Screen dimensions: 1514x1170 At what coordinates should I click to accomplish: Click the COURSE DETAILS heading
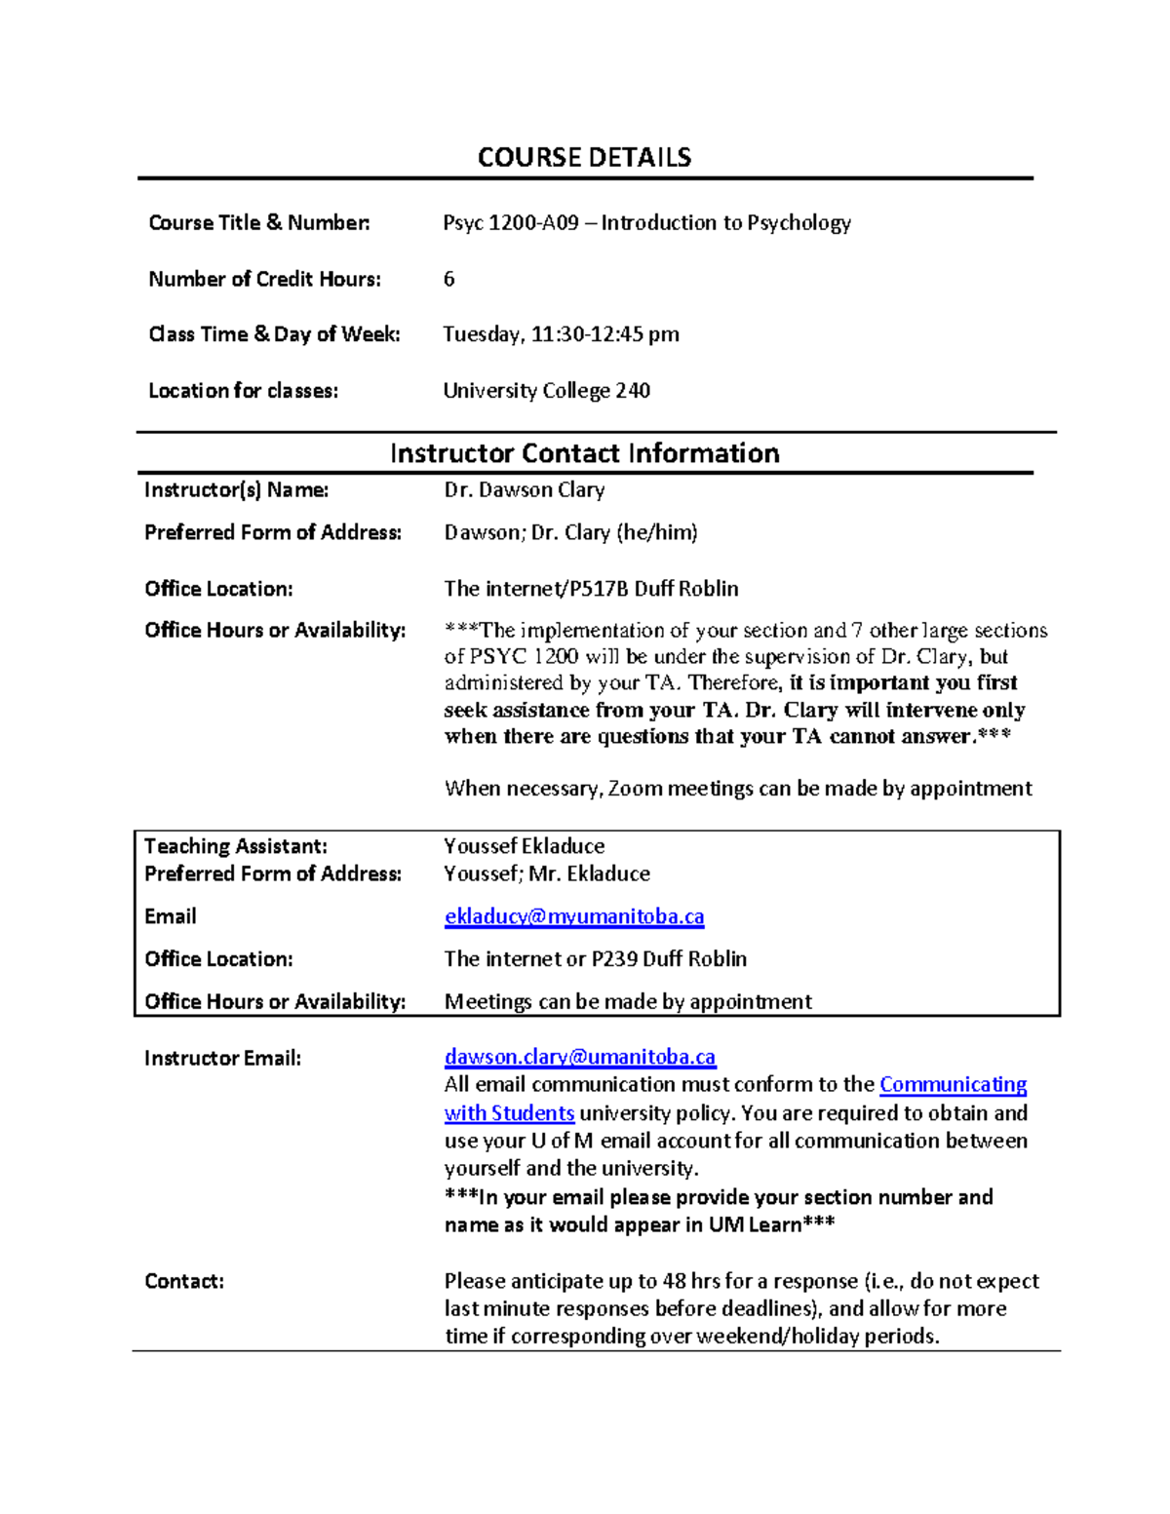tap(584, 157)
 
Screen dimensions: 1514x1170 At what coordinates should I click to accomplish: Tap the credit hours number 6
tap(448, 279)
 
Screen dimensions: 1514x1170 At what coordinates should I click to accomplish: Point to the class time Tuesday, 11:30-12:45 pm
tap(561, 334)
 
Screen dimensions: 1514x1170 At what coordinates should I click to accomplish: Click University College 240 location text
tap(546, 391)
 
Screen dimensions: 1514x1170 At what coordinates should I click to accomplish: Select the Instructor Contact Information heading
tap(584, 453)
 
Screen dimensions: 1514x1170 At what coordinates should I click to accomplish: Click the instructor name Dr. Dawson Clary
tap(525, 489)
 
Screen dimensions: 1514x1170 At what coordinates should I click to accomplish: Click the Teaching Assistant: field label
tap(236, 846)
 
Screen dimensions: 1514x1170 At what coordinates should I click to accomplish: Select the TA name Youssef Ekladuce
tap(524, 846)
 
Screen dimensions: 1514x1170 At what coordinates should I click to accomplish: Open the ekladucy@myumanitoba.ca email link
tap(573, 916)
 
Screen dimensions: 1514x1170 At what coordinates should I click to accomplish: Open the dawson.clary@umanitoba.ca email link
tap(579, 1057)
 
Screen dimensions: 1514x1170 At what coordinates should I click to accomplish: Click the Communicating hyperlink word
tap(953, 1085)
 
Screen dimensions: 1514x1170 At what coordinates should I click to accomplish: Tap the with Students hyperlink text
tap(509, 1113)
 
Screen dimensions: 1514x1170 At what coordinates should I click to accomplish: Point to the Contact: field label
tap(184, 1281)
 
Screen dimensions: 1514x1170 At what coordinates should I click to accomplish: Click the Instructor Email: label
tap(222, 1058)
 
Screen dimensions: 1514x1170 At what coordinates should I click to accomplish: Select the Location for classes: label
tap(243, 391)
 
